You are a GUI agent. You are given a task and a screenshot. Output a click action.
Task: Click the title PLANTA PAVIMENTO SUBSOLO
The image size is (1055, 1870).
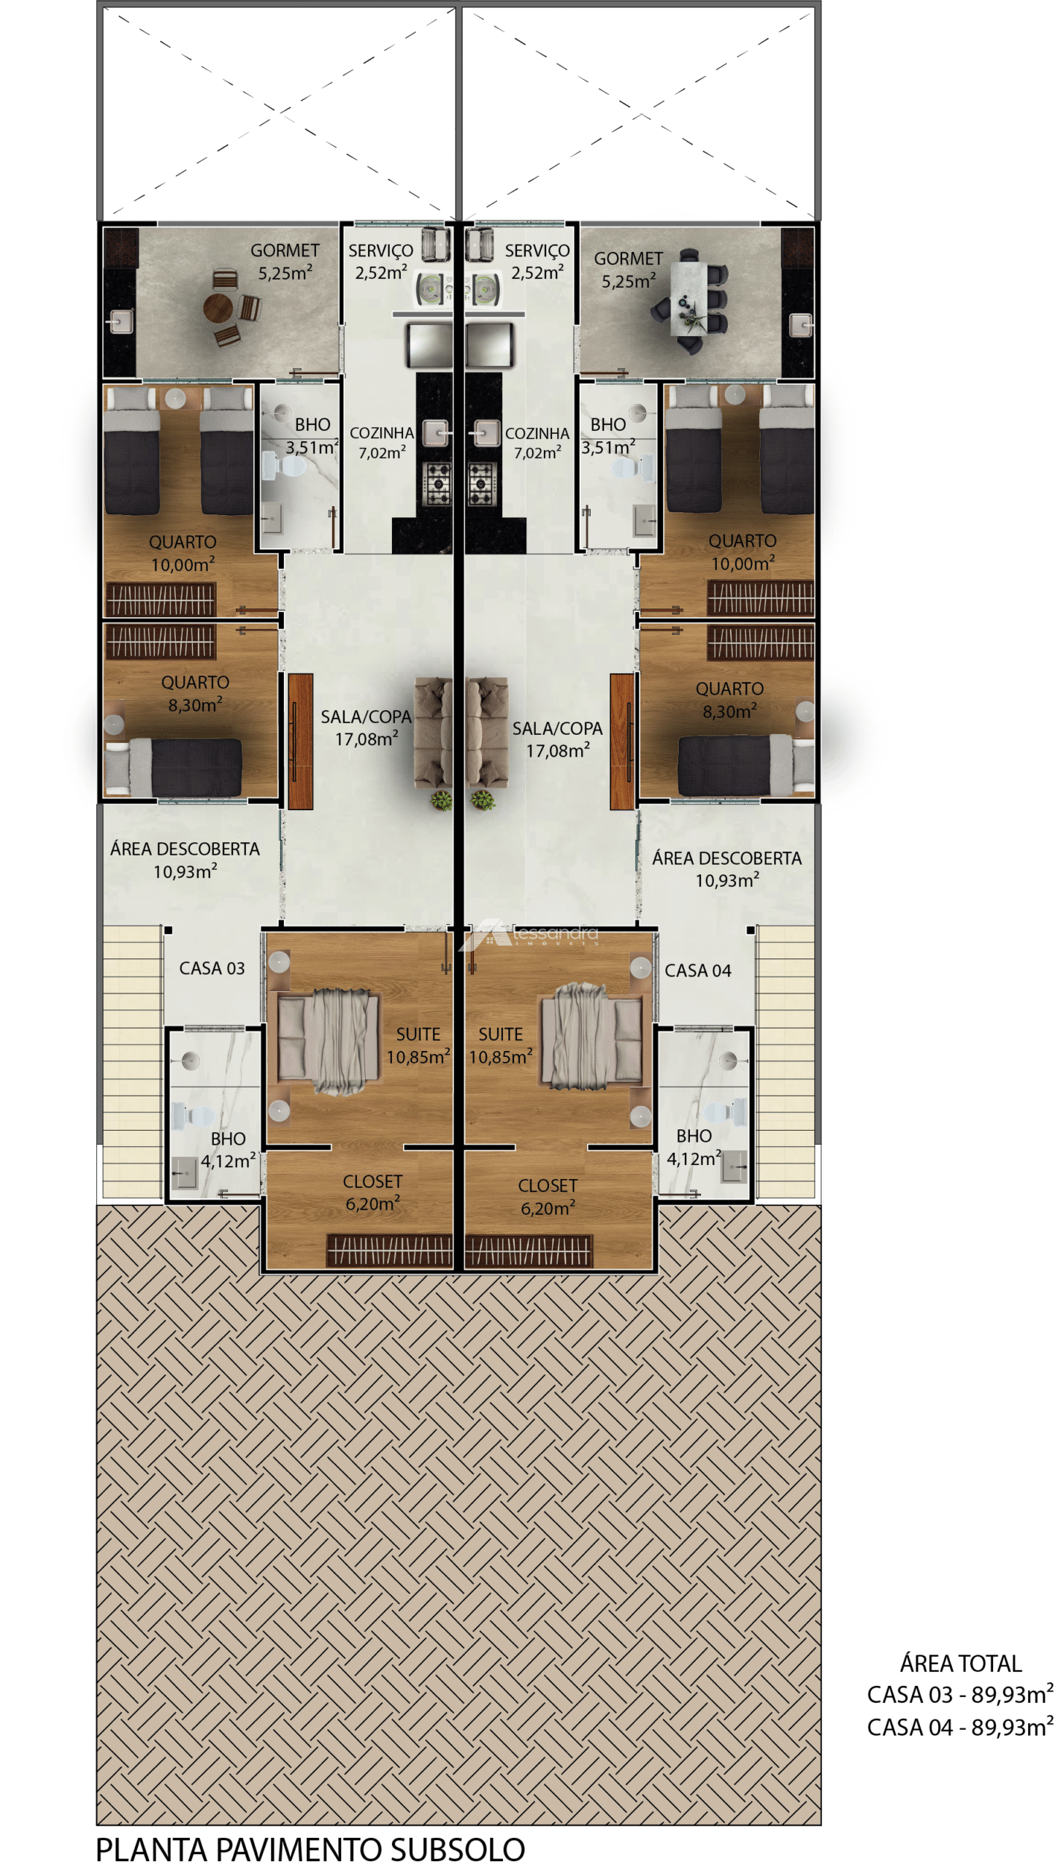[x=310, y=1849]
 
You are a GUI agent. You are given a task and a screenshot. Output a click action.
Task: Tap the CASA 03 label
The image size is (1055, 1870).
[x=212, y=968]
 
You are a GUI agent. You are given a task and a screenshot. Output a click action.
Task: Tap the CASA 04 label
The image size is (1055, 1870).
[x=697, y=970]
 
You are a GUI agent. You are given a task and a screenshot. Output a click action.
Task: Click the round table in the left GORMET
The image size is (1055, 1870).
[x=218, y=308]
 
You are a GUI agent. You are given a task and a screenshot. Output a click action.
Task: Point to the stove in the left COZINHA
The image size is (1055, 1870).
[x=437, y=484]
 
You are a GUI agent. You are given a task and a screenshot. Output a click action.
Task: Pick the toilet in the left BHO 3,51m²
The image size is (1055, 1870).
[x=283, y=465]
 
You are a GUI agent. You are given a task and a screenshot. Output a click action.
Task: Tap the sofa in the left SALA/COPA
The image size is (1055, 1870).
[x=434, y=733]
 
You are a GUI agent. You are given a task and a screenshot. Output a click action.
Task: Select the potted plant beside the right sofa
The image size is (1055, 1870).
[x=482, y=801]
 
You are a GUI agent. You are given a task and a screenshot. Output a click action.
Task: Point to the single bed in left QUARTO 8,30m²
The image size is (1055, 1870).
[x=173, y=766]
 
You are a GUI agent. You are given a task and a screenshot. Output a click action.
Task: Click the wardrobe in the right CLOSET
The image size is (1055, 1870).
[x=528, y=1251]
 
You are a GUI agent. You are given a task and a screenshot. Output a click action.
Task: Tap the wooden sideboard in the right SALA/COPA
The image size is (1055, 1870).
[x=622, y=741]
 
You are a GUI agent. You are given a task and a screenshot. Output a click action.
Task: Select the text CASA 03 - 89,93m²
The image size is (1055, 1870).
[x=959, y=1695]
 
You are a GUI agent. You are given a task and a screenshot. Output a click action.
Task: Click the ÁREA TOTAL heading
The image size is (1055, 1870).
[x=960, y=1663]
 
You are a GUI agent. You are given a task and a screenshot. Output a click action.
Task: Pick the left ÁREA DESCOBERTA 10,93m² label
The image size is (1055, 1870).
[x=185, y=860]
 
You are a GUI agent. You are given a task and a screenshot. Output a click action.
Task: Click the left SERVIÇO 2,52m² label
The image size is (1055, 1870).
[x=380, y=262]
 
